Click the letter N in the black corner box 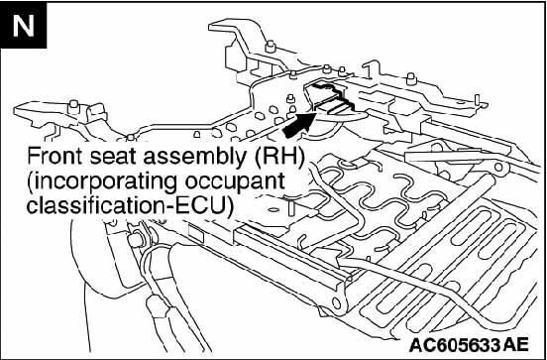point(24,27)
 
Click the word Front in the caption point(55,156)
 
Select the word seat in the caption point(114,157)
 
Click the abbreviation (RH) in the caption point(278,158)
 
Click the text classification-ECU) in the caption point(129,206)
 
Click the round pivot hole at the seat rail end point(336,302)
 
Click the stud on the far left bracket point(73,106)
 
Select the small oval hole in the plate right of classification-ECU point(274,210)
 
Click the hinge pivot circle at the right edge point(498,168)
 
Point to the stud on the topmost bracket point(270,47)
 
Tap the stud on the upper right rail point(411,78)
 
